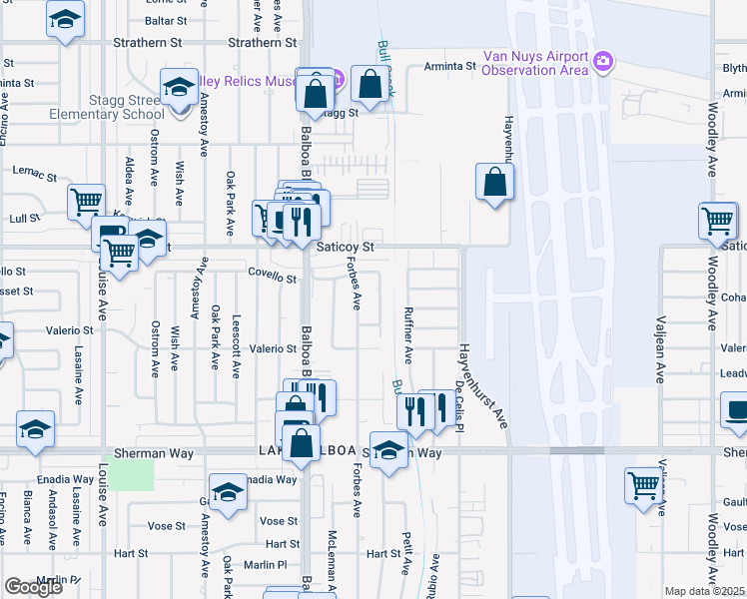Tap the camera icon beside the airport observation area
(602, 62)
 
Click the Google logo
(33, 587)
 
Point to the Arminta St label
(446, 66)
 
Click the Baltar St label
(166, 20)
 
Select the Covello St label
(273, 272)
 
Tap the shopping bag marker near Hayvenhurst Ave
(494, 183)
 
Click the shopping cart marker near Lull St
(86, 201)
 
